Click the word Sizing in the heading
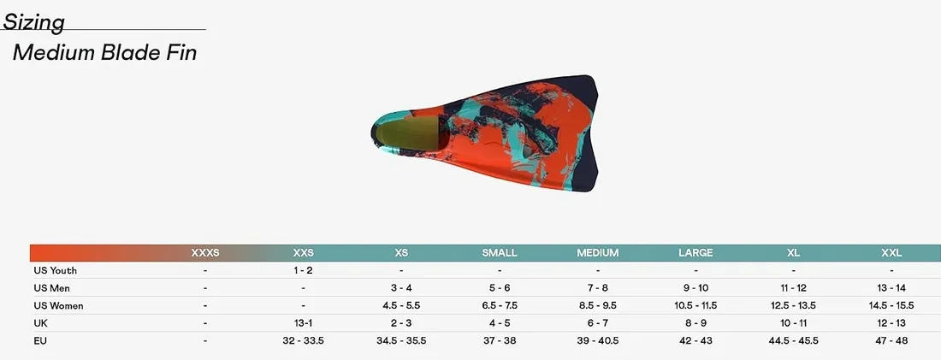pos(33,22)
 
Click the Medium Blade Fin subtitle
pos(104,53)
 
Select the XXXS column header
pos(205,253)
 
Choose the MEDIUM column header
pos(598,253)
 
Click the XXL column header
pos(891,253)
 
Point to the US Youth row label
pos(56,270)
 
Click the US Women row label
pos(58,306)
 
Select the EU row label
pos(40,341)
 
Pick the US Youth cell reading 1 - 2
pos(303,270)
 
